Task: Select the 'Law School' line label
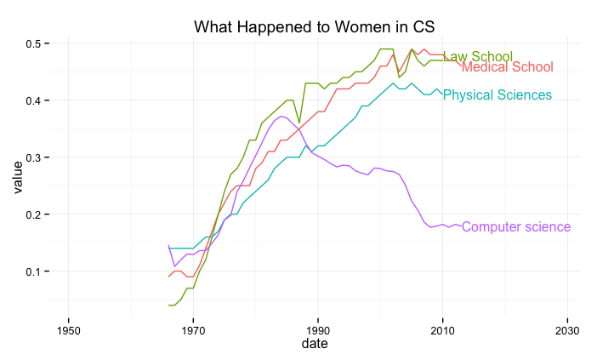coord(477,57)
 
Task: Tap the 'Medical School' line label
coord(507,67)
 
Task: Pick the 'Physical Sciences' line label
coord(497,94)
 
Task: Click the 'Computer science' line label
coord(516,227)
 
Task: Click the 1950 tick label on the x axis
coord(69,330)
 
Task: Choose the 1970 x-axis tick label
coord(193,330)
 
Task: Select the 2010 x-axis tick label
coord(442,330)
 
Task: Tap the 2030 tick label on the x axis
coord(567,330)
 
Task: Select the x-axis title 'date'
coord(318,345)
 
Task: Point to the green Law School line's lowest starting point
coord(169,305)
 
